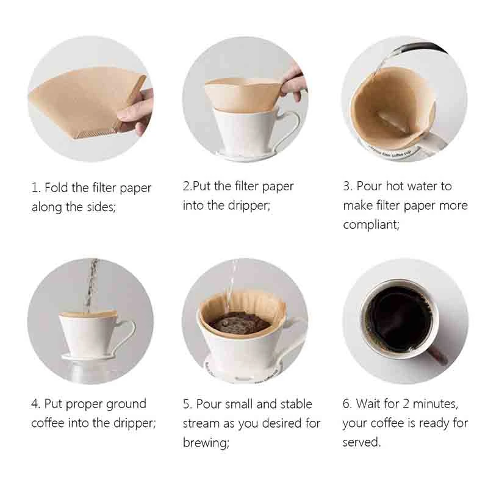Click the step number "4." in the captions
click(x=36, y=404)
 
